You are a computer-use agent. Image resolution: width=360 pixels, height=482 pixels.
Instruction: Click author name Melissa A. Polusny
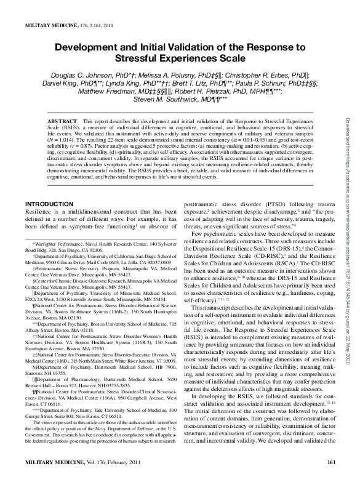164,73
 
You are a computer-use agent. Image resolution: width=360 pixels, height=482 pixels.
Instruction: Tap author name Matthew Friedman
104,90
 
